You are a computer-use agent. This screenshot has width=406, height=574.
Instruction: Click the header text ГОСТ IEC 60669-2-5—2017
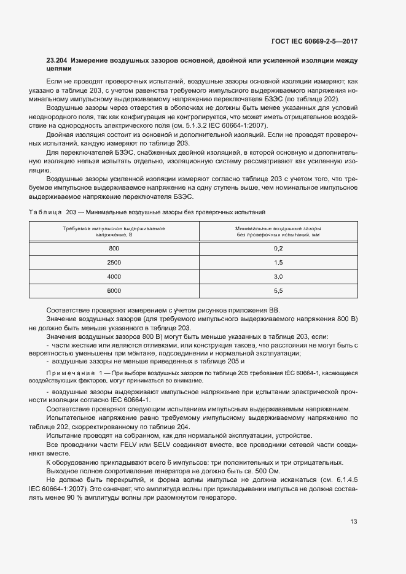tap(314, 41)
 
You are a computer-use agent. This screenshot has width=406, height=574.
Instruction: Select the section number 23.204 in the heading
tap(58, 61)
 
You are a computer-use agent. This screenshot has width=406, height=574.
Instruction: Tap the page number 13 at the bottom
tap(353, 522)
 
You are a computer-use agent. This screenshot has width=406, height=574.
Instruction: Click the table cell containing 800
tap(114, 248)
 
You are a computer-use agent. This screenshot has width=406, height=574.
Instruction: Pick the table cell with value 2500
tap(114, 262)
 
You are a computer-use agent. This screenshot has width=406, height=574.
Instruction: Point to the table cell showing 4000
tap(114, 276)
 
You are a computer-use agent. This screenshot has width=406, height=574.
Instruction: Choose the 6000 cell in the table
tap(114, 290)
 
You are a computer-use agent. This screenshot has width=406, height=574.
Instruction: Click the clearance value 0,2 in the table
tap(278, 248)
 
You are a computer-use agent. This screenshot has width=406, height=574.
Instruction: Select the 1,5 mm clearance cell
tap(278, 262)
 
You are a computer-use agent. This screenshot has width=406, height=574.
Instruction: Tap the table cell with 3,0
tap(278, 276)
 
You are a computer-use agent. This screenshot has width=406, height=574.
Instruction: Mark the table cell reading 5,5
tap(278, 290)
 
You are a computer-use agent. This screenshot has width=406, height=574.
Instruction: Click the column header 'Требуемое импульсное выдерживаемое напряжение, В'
tap(114, 231)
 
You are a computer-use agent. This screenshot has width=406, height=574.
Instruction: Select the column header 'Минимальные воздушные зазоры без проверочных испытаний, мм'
tap(278, 231)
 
